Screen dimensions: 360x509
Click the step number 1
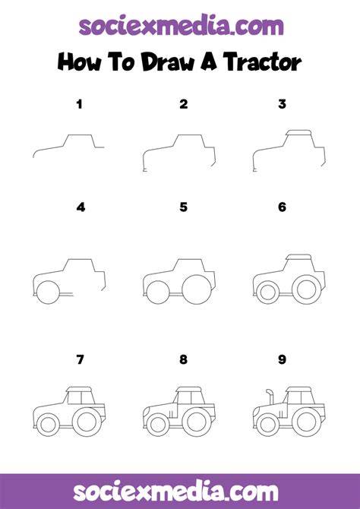coord(80,104)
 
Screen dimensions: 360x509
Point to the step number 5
coord(183,207)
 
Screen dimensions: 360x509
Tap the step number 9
coord(282,359)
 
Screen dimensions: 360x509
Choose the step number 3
coord(282,104)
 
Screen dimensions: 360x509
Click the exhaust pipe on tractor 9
coord(270,396)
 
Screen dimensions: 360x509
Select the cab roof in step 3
coord(298,132)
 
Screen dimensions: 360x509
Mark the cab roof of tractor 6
coord(298,257)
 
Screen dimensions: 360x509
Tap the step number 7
coord(80,359)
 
